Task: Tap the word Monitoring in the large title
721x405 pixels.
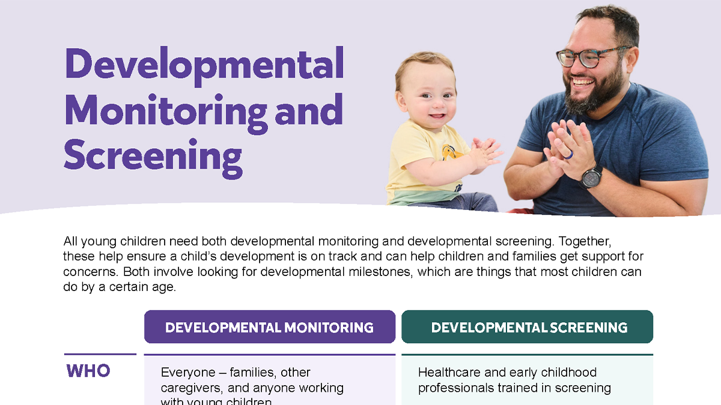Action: pyautogui.click(x=165, y=111)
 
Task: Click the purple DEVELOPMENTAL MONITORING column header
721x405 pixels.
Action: pyautogui.click(x=269, y=327)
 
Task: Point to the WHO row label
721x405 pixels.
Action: pyautogui.click(x=88, y=371)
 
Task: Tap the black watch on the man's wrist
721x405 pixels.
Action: pyautogui.click(x=591, y=176)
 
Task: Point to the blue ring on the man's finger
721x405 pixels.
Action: pyautogui.click(x=567, y=154)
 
